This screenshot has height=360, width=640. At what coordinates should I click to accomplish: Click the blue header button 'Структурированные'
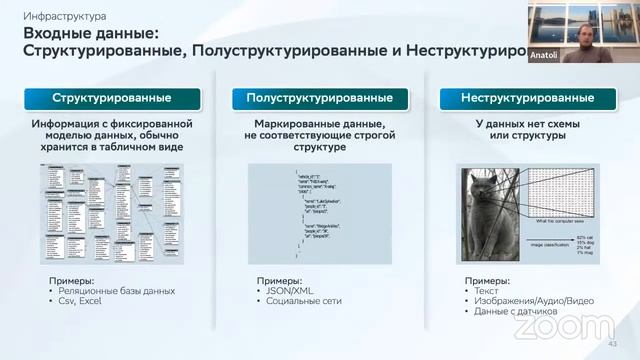pyautogui.click(x=112, y=98)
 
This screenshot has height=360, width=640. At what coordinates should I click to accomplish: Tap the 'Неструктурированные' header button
pyautogui.click(x=527, y=98)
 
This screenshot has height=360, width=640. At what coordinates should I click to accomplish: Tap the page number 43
pyautogui.click(x=613, y=345)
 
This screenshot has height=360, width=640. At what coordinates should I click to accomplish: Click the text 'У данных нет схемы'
pyautogui.click(x=527, y=124)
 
